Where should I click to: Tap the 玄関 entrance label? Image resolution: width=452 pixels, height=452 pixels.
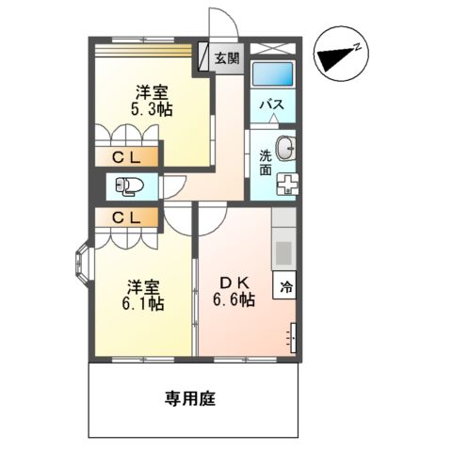(x=226, y=58)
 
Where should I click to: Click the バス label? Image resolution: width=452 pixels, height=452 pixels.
(x=273, y=103)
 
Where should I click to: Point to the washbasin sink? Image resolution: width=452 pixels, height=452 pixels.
(x=288, y=147)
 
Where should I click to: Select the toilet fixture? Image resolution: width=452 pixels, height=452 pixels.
(x=128, y=186)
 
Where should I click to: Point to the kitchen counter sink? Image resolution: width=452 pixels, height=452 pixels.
(x=283, y=250)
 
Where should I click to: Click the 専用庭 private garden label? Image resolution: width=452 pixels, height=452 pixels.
(x=194, y=398)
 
